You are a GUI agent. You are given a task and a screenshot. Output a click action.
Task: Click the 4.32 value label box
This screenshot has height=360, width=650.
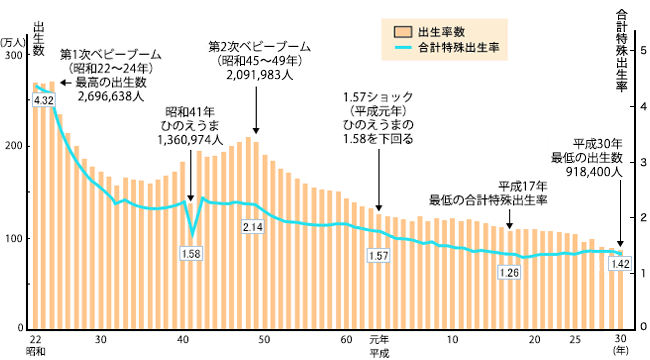pyautogui.click(x=44, y=101)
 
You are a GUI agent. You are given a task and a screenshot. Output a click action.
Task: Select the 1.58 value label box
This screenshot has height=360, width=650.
pyautogui.click(x=191, y=254)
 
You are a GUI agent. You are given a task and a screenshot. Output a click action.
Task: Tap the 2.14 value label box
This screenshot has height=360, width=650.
pyautogui.click(x=252, y=228)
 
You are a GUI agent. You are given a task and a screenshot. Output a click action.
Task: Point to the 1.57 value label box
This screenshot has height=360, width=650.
pyautogui.click(x=378, y=256)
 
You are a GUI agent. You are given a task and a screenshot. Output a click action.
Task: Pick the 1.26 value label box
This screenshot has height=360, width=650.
pyautogui.click(x=509, y=272)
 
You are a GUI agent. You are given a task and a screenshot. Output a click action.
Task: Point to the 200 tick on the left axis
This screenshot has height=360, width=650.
pyautogui.click(x=13, y=147)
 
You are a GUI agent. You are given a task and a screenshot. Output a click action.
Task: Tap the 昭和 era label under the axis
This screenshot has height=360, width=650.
pyautogui.click(x=36, y=353)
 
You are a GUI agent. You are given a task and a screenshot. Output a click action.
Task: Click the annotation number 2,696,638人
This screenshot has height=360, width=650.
pyautogui.click(x=110, y=98)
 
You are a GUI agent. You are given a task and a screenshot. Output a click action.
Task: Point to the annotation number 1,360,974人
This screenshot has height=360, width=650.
pyautogui.click(x=190, y=141)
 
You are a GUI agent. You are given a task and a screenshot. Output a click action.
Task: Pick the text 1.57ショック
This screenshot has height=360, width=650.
pyautogui.click(x=377, y=97)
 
